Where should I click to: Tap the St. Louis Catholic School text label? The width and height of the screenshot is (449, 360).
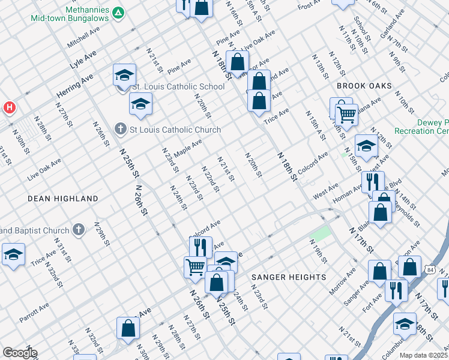178,86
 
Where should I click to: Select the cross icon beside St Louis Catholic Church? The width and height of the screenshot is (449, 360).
120,130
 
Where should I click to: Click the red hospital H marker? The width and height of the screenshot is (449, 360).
10,108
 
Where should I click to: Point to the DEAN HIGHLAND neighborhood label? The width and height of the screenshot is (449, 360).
62,198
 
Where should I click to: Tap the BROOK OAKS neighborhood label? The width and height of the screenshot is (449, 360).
364,86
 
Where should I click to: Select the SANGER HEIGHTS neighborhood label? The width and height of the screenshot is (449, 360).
288,277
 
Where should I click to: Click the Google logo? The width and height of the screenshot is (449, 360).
19,353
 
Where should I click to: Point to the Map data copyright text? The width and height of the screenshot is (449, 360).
423,355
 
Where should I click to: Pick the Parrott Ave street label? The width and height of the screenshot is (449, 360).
34,311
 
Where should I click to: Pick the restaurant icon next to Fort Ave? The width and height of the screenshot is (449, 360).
396,290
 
